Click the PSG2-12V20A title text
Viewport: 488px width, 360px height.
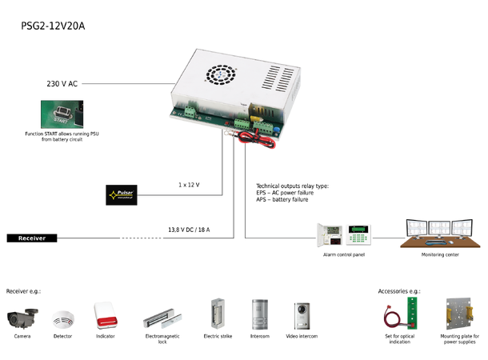tap(53, 26)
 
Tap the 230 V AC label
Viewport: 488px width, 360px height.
tap(62, 83)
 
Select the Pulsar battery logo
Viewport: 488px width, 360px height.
tap(122, 194)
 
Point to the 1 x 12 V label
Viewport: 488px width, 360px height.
tap(189, 185)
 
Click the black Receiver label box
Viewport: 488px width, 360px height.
tap(32, 238)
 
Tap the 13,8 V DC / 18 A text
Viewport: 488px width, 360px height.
tap(189, 230)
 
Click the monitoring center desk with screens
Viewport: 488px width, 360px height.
tap(439, 234)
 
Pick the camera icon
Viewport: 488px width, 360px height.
tap(22, 317)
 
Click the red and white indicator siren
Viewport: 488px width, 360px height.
tap(106, 314)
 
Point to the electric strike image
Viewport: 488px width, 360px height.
tap(217, 314)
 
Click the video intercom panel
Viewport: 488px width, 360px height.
tap(302, 314)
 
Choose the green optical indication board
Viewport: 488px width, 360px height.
tap(413, 314)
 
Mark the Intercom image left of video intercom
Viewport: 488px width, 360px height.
tap(260, 314)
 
